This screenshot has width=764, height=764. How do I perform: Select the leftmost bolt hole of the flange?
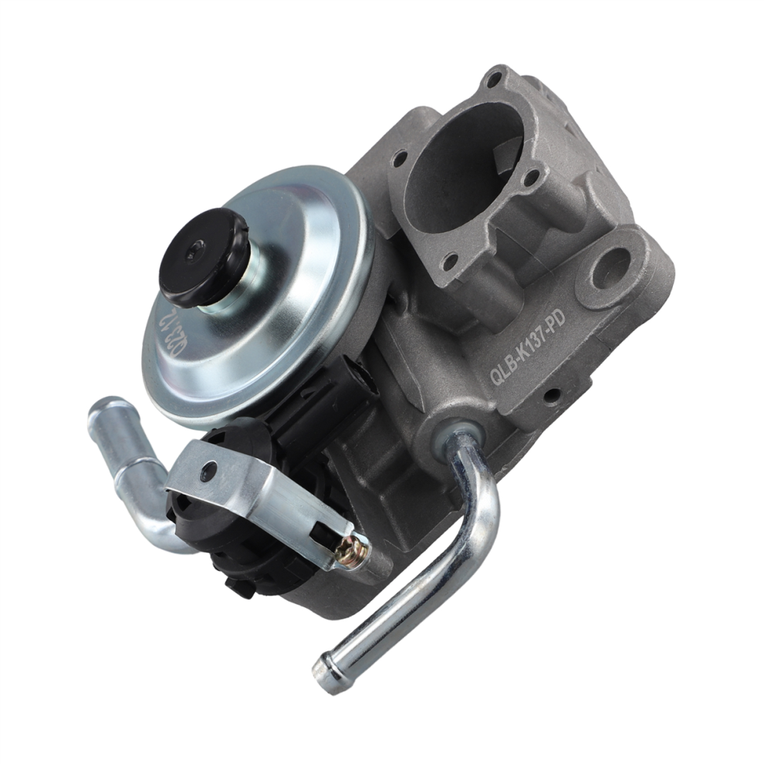point(399,160)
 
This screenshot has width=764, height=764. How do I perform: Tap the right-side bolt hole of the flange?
point(530,178)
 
